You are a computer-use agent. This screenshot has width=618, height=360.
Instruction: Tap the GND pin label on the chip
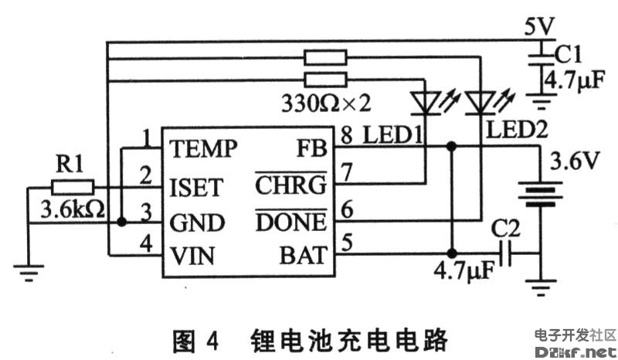pos(198,222)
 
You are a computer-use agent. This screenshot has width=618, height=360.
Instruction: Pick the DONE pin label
pos(290,222)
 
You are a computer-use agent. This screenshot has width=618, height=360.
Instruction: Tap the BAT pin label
pos(307,256)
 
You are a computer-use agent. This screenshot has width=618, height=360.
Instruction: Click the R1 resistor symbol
pos(73,187)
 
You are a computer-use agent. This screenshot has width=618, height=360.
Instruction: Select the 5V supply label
pos(538,26)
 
